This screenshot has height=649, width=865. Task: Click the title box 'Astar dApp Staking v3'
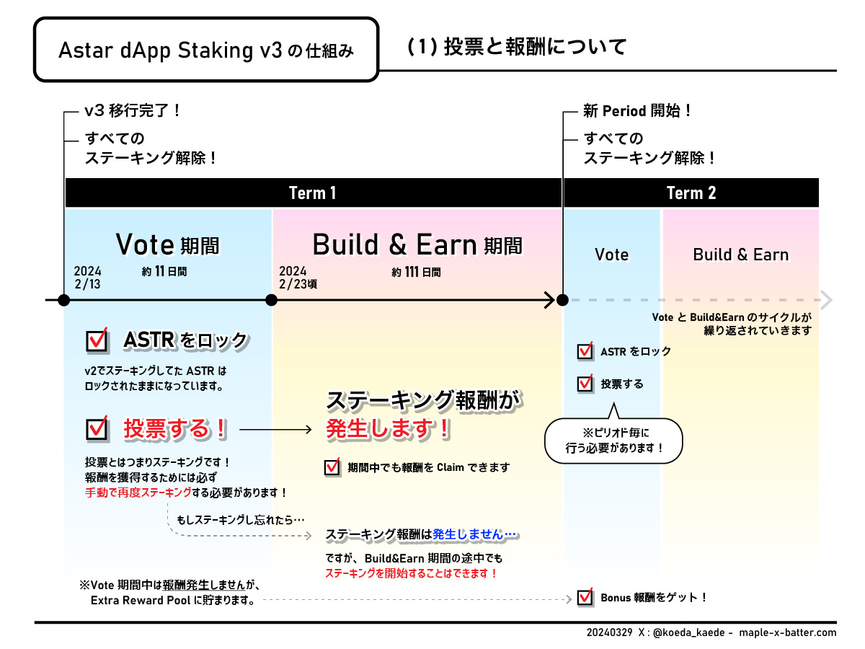[206, 50]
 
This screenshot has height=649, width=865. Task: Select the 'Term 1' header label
[312, 193]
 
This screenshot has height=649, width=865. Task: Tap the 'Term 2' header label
[691, 193]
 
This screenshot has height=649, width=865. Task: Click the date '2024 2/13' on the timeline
[88, 278]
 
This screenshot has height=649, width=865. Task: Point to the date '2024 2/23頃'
[297, 278]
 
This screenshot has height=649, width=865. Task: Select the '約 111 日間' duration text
[416, 272]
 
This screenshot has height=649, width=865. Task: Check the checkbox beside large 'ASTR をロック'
[97, 340]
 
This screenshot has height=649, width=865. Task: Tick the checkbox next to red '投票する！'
[97, 429]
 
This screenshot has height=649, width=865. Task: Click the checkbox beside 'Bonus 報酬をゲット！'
[585, 597]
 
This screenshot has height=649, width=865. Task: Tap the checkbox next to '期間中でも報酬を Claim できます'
[332, 467]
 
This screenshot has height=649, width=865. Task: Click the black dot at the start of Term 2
[563, 299]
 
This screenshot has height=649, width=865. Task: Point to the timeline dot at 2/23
[272, 299]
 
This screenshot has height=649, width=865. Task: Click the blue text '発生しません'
[474, 534]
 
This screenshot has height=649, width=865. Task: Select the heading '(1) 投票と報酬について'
[517, 47]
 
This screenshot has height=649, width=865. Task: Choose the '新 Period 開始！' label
[637, 111]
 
